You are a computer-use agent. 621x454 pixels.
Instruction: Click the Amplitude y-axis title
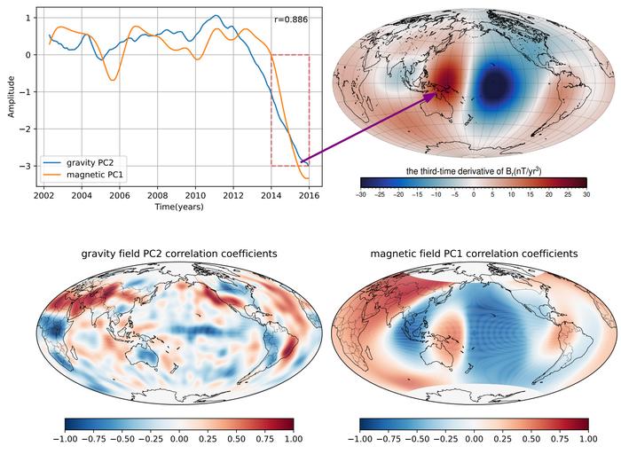click(12, 97)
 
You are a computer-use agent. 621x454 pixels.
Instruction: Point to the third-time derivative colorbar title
click(473, 170)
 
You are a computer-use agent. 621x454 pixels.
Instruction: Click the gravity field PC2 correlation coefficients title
click(178, 254)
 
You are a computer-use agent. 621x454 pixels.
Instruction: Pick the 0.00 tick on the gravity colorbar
click(178, 438)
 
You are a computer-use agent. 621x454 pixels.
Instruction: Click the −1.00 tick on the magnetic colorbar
click(359, 438)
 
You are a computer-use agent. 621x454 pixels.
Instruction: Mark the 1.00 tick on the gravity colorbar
click(293, 438)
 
